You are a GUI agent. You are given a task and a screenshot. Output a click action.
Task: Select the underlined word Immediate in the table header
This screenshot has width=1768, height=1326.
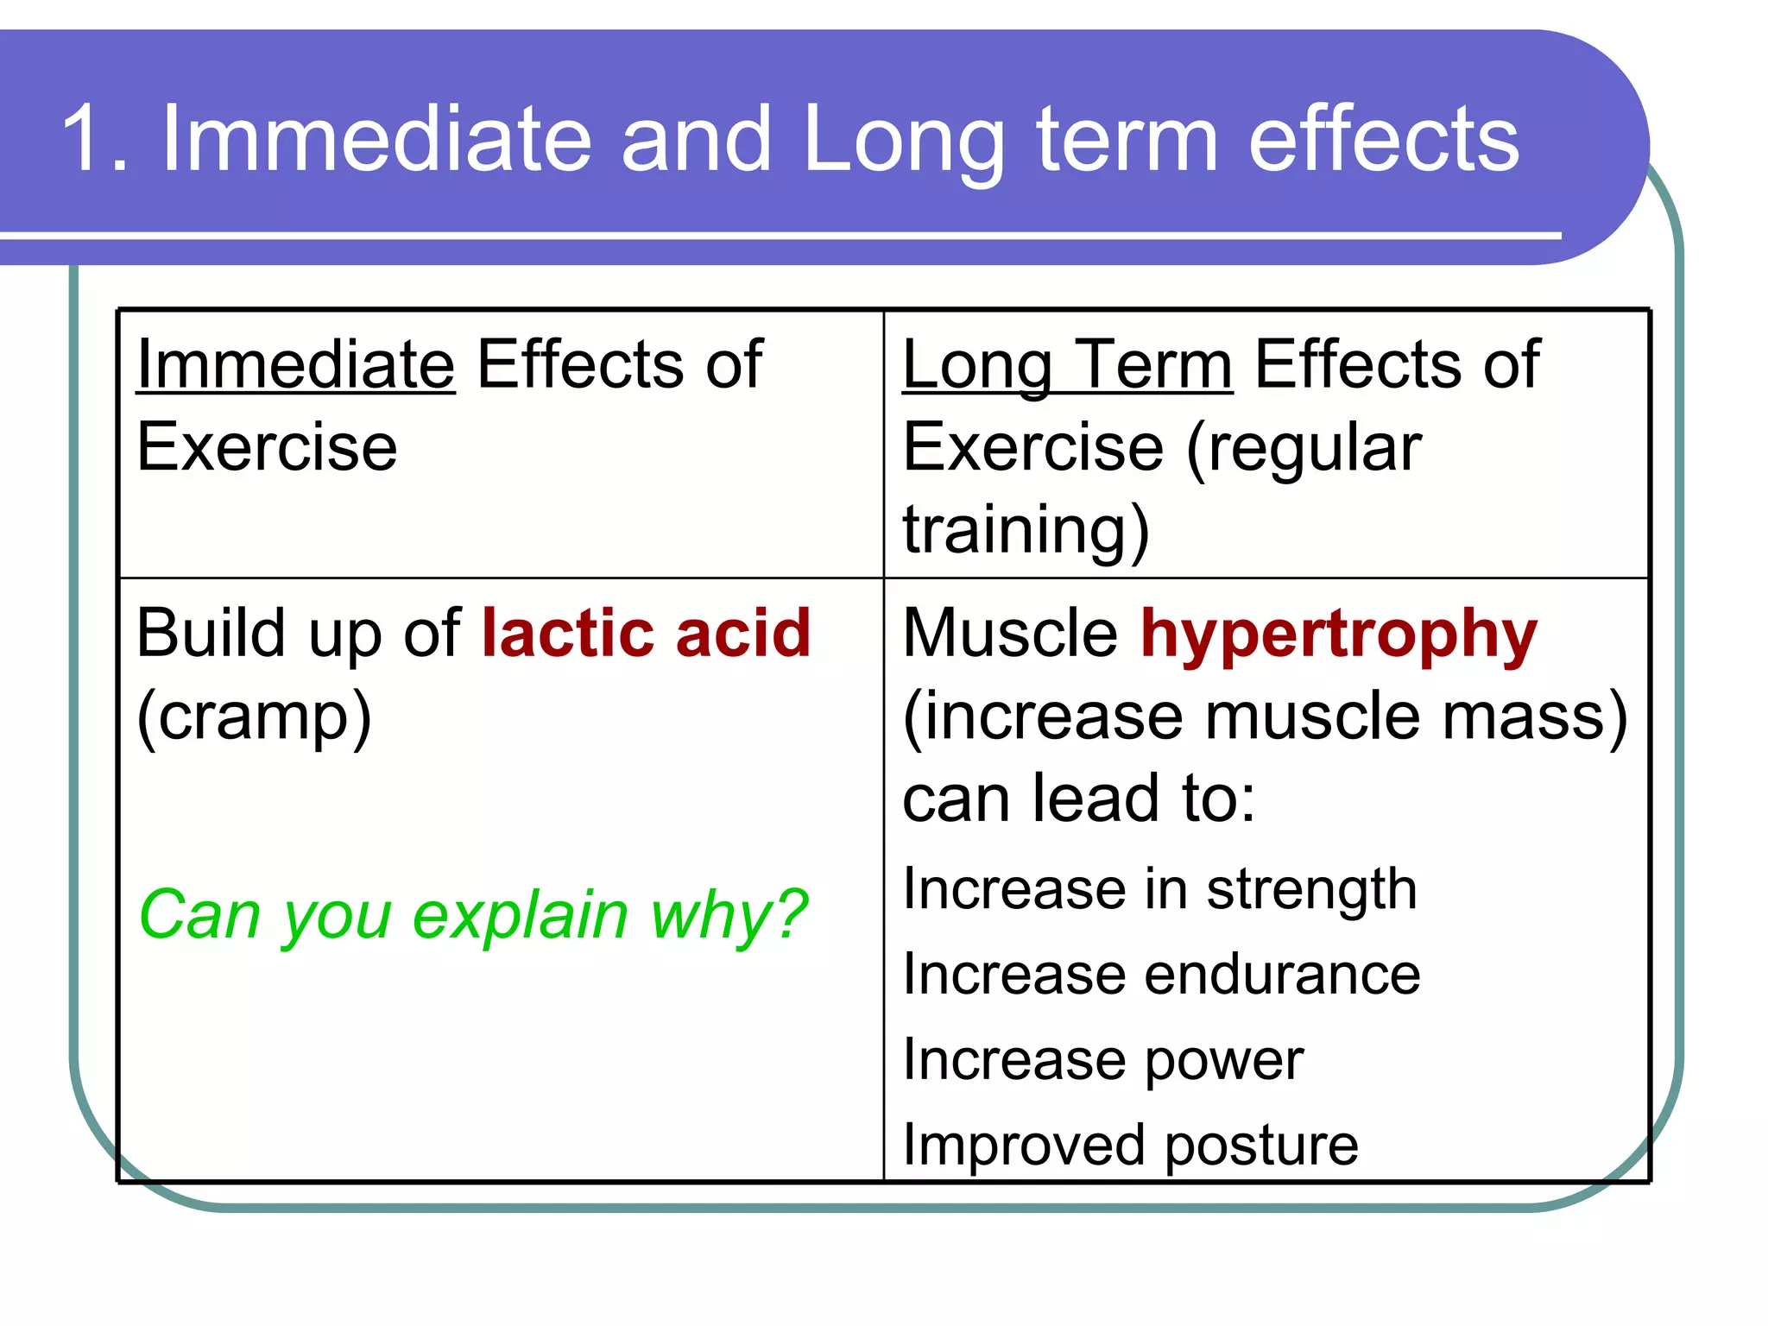click(295, 364)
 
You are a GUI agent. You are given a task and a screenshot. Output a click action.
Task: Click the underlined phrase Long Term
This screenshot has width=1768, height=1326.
click(1067, 364)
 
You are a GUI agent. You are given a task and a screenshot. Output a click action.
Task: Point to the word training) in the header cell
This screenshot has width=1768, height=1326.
click(1026, 528)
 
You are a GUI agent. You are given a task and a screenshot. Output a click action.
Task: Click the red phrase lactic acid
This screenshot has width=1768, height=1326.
click(646, 633)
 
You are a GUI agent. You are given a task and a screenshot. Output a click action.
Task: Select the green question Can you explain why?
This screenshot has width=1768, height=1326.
click(472, 914)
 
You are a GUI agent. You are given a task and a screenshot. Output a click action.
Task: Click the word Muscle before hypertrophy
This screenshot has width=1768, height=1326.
click(1009, 633)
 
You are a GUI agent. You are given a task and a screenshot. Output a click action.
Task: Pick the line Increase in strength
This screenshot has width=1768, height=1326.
click(1159, 889)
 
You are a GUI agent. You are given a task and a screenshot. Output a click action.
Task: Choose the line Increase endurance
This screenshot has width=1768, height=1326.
click(1160, 974)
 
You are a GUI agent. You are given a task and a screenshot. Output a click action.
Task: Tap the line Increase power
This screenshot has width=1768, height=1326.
click(1102, 1059)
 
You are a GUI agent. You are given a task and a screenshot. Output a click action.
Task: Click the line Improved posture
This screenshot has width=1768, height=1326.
click(1130, 1145)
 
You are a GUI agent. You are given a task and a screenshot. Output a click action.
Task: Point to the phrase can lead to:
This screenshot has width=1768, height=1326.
click(1078, 799)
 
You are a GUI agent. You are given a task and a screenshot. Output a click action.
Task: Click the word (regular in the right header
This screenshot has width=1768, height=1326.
click(1304, 448)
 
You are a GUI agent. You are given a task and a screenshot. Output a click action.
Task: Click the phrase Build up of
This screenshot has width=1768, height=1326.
click(298, 633)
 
